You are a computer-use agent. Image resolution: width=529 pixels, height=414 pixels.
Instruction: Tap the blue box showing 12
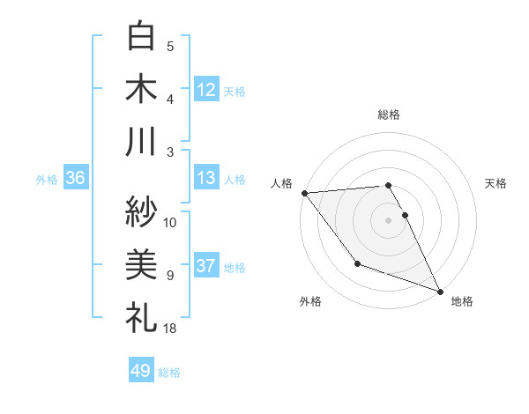pos(206,89)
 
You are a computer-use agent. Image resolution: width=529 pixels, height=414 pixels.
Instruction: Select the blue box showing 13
pos(206,178)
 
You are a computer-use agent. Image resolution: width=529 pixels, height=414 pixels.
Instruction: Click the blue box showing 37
pos(206,266)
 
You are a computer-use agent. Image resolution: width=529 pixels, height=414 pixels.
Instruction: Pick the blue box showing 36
pos(76,178)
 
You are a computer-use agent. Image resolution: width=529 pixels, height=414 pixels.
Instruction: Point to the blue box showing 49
pos(141,371)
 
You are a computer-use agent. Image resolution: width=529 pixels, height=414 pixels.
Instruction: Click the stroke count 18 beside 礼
pos(171,329)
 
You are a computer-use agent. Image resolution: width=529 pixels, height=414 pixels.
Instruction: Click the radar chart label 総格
pos(389,115)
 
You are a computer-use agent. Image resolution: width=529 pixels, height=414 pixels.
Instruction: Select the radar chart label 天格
pos(495,183)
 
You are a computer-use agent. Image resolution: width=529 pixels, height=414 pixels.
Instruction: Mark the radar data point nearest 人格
pos(304,192)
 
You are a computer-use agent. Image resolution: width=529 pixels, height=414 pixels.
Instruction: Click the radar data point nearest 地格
pos(440,291)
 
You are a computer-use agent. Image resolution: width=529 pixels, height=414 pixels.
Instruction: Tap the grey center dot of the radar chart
pos(388,219)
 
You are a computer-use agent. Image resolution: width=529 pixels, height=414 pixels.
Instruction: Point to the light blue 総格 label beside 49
pos(169,373)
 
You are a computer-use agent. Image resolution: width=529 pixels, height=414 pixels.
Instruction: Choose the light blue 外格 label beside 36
pos(47,180)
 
